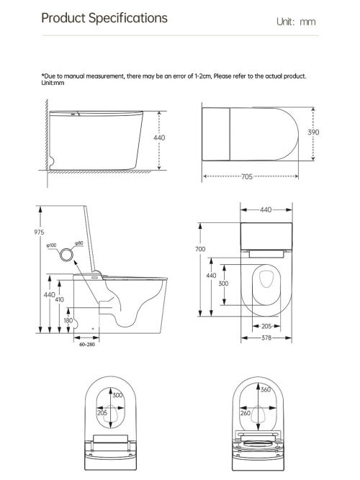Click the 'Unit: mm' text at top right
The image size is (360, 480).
296,22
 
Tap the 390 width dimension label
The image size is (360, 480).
314,132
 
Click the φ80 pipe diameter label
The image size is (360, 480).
79,243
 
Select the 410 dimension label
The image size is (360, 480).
59,299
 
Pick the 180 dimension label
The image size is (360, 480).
68,320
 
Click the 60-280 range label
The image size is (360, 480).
86,345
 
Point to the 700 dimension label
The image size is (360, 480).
200,249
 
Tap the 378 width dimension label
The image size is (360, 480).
266,338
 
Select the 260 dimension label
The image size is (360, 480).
246,413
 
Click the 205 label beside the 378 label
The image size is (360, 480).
266,326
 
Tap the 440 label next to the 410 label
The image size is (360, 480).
48,294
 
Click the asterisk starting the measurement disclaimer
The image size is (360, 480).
43,76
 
